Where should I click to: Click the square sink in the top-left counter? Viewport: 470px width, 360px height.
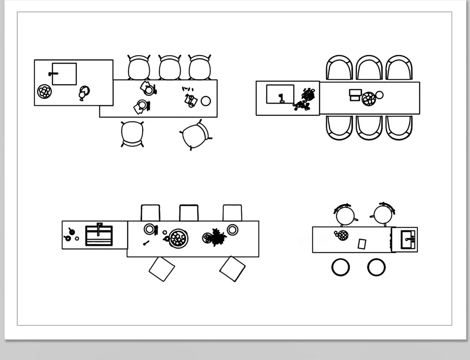coord(64,74)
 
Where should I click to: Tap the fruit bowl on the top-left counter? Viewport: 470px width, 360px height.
coord(44,91)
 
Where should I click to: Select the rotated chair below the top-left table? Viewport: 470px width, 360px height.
coord(195,135)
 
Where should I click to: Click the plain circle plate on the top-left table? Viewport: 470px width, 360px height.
coord(206,101)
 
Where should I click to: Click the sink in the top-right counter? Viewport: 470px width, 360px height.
coord(280,94)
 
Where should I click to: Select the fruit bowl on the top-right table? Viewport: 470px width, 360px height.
coord(369,99)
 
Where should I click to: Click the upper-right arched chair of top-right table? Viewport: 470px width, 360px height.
coord(399,68)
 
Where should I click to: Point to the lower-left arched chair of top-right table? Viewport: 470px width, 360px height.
coord(339,127)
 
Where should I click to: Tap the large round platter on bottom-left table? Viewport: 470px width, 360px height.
coord(178,238)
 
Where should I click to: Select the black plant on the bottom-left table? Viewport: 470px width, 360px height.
coord(217,237)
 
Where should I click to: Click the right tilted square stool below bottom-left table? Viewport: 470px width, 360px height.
coord(232,269)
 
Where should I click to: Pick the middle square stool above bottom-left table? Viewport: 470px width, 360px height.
coord(189,213)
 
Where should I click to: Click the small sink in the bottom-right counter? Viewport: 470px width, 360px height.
coord(407,240)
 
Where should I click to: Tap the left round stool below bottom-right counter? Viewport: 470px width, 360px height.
coord(341,267)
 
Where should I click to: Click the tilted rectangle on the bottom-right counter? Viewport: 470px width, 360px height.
coord(362,244)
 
